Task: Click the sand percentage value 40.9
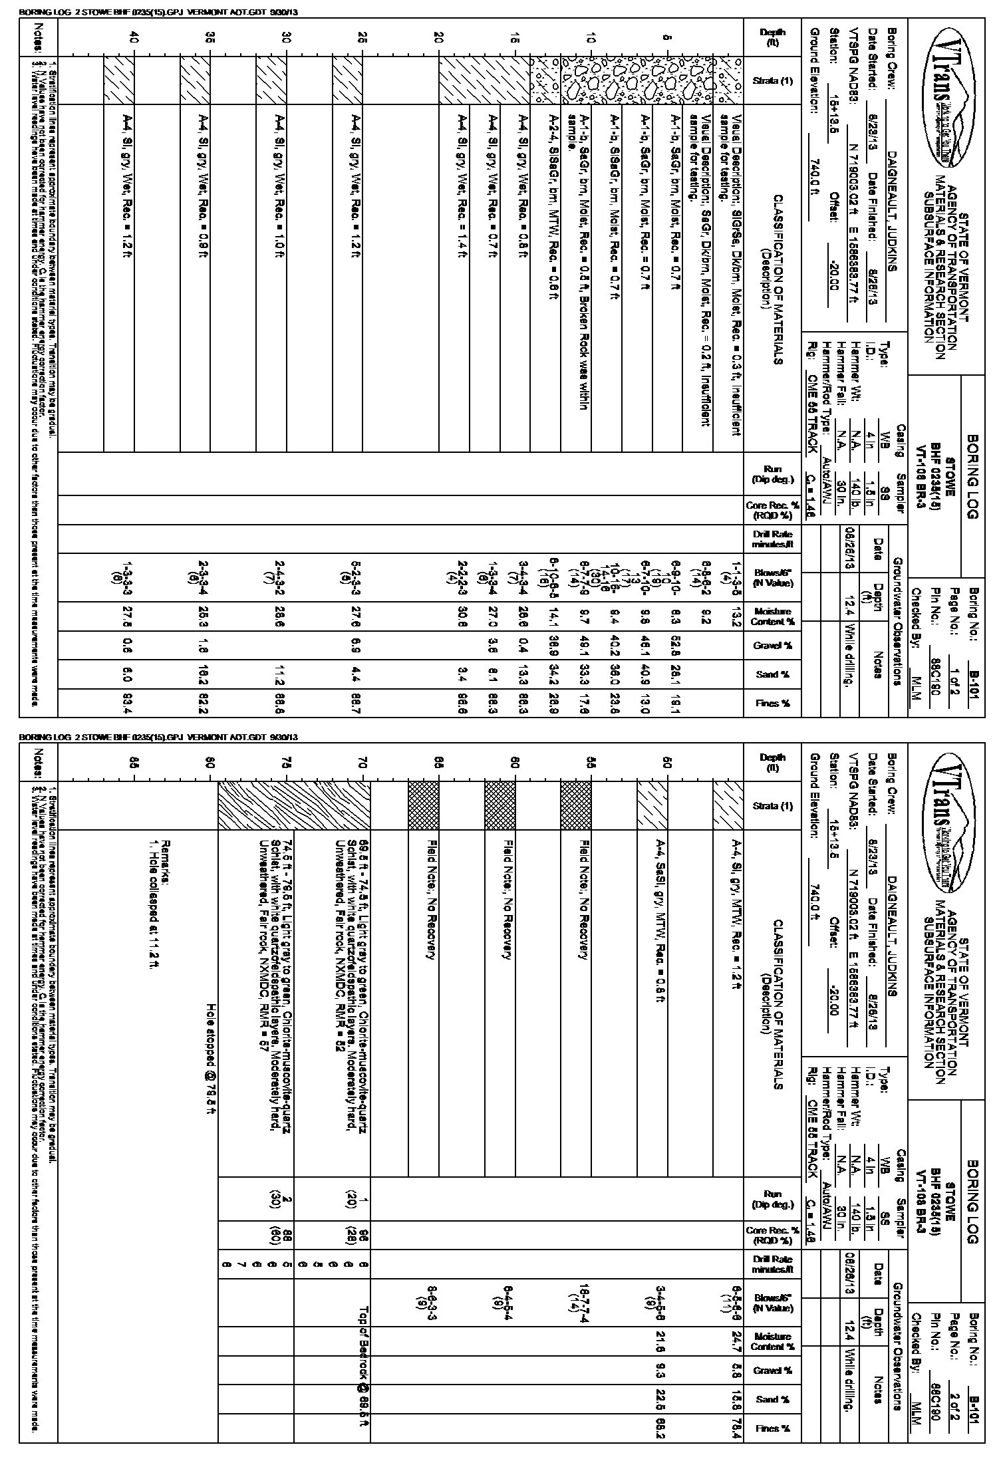coord(644,674)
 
